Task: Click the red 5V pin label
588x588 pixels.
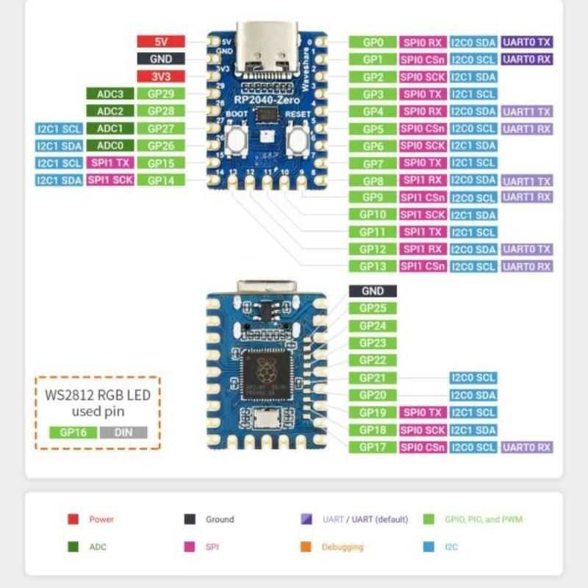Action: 161,42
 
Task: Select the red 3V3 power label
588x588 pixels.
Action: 161,76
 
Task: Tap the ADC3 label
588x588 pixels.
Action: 105,94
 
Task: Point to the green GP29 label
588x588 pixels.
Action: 160,94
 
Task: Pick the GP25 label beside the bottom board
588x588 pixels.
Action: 373,309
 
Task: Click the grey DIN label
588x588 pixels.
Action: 123,432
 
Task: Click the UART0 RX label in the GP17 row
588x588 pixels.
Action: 526,447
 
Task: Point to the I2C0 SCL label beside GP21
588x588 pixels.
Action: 473,378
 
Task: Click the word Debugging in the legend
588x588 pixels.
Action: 342,547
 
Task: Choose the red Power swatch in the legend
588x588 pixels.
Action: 73,520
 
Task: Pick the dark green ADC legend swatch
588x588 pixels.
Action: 73,547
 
